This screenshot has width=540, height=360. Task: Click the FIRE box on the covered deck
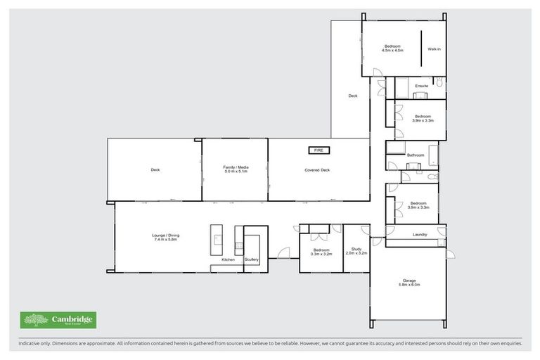pos(318,150)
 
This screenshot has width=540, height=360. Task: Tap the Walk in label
pos(434,49)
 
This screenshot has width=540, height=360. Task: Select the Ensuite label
pos(422,86)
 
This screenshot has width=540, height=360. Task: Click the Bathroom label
pos(415,155)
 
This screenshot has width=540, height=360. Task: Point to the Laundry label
pos(420,234)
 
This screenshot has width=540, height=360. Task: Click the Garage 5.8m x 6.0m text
pos(408,282)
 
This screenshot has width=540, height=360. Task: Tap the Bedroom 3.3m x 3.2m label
pos(321,252)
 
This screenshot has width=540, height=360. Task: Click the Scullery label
pos(252,259)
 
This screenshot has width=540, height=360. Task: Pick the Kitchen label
pos(229,259)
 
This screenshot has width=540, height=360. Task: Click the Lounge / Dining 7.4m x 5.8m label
pos(165,237)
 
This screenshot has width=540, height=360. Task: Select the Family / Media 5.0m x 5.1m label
pos(236,169)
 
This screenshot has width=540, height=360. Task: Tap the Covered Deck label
pos(317,169)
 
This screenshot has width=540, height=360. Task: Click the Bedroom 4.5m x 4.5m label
pos(392,48)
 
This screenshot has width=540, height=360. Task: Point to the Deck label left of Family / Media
pos(155,169)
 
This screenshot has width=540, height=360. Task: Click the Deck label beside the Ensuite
pos(353,96)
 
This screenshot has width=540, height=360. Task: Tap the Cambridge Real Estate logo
pos(58,321)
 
